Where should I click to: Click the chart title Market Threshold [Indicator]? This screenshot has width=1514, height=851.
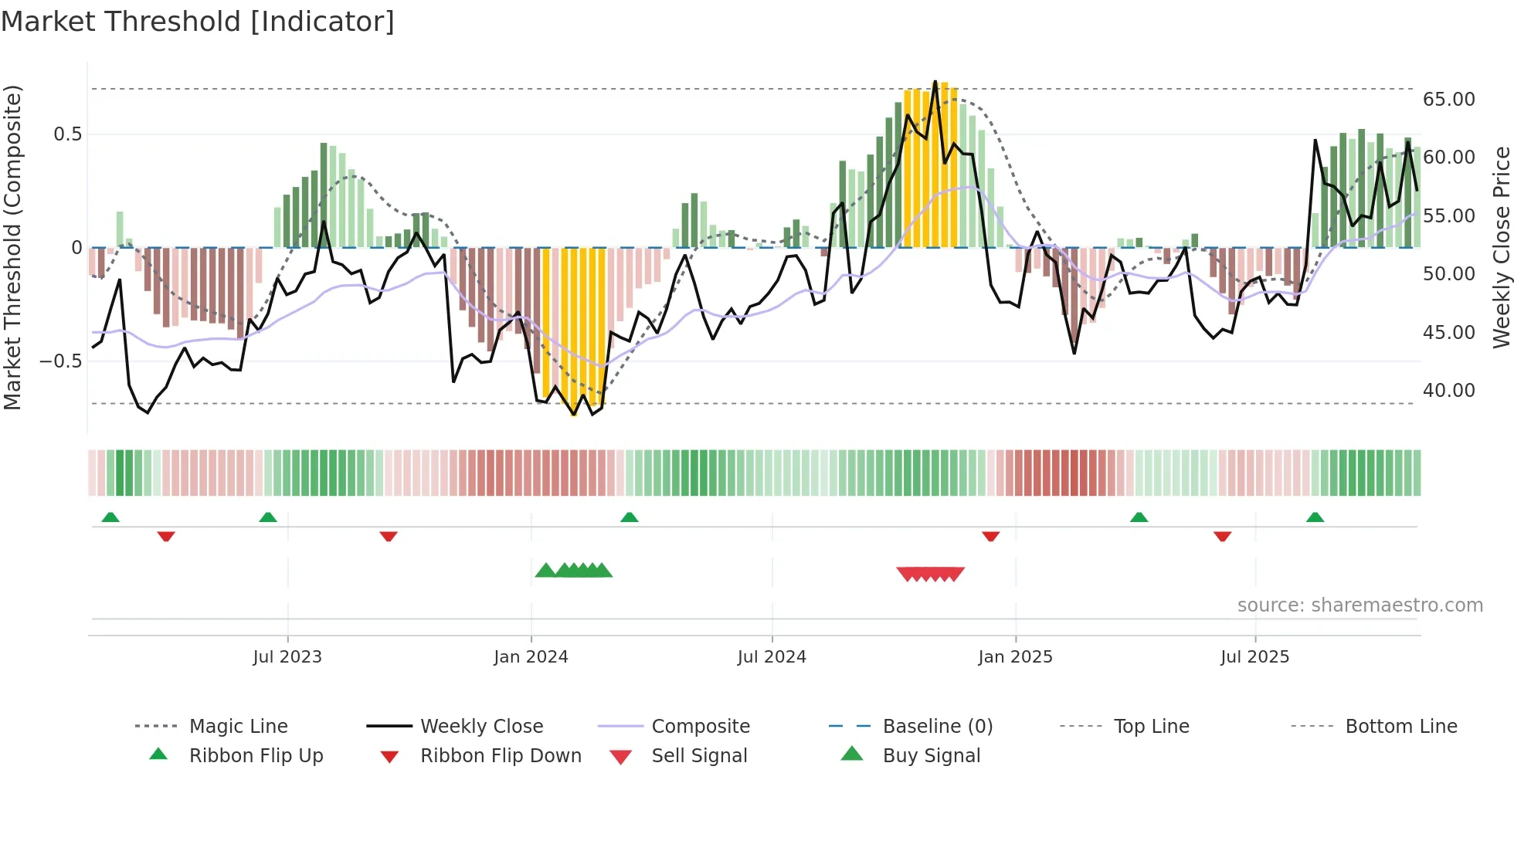pos(198,22)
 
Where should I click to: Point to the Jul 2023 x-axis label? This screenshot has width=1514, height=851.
pos(287,657)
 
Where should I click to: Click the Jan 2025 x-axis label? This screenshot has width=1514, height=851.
pos(1015,657)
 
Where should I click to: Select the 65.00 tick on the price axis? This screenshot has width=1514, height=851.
pos(1448,100)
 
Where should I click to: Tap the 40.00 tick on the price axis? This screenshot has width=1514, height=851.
pos(1448,391)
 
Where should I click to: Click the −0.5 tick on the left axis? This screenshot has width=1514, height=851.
pos(61,361)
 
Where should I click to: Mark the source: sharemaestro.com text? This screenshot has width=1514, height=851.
pos(1360,605)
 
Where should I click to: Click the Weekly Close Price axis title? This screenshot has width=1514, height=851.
pos(1501,247)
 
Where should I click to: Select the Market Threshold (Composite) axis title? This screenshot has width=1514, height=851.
pos(12,247)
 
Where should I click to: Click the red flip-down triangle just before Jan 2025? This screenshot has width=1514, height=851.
pos(990,536)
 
